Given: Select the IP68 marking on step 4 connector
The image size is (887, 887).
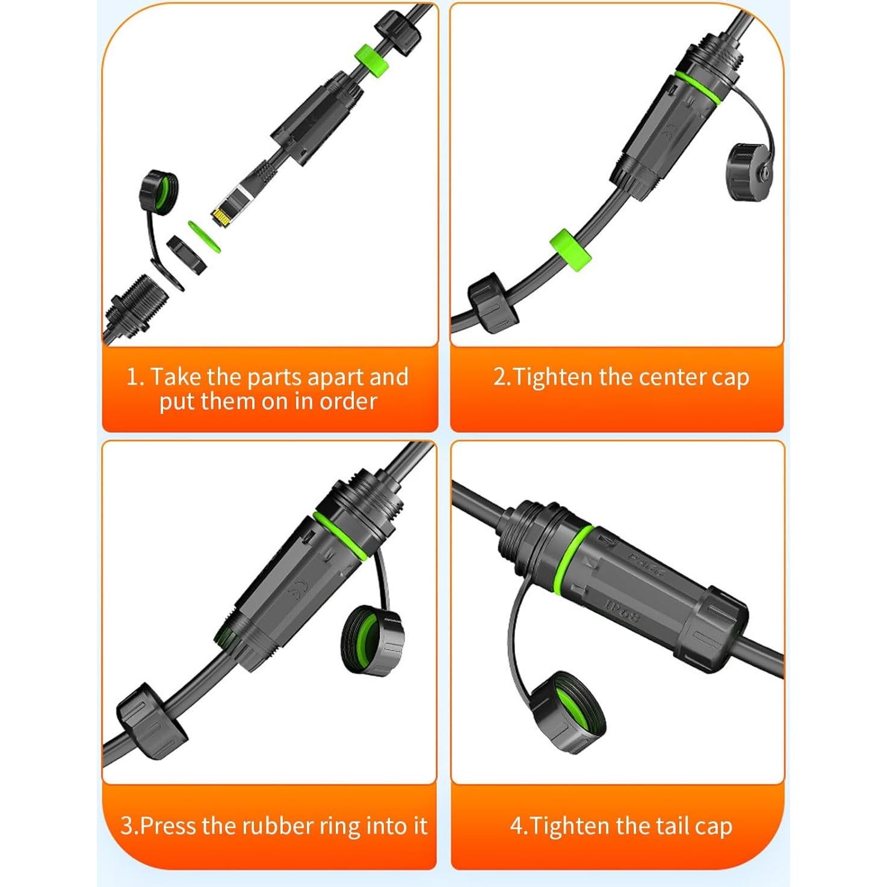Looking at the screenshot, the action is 622,610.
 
